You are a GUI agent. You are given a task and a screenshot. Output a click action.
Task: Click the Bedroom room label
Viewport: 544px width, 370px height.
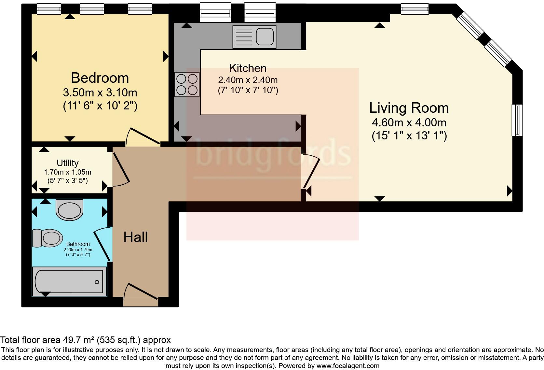pyautogui.click(x=100, y=78)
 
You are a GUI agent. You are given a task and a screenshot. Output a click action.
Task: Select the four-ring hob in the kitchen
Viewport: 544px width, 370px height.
pyautogui.click(x=187, y=84)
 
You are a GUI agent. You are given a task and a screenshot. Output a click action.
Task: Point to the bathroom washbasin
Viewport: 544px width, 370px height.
pyautogui.click(x=70, y=209)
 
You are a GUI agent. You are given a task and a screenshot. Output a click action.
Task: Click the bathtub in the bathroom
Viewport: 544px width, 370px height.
pyautogui.click(x=69, y=282)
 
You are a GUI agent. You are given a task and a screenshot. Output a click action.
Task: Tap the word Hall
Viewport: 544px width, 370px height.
pyautogui.click(x=135, y=237)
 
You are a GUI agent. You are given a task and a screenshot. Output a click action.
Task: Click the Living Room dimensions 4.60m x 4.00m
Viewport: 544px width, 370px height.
pyautogui.click(x=409, y=123)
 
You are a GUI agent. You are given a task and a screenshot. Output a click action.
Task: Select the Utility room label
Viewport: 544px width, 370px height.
pyautogui.click(x=67, y=163)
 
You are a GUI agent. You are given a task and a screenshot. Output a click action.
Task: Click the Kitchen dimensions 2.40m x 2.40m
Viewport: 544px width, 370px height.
pyautogui.click(x=248, y=80)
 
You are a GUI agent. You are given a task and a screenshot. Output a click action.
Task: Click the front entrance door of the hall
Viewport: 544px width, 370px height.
pyautogui.click(x=141, y=292)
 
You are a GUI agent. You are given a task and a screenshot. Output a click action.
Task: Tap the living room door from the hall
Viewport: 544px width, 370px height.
pyautogui.click(x=311, y=171)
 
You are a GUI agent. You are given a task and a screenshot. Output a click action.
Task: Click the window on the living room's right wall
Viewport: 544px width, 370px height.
pyautogui.click(x=517, y=120)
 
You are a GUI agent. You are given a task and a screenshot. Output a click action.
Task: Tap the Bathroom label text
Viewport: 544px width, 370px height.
pyautogui.click(x=78, y=244)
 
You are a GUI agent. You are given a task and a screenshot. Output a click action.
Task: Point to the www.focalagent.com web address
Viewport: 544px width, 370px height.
pyautogui.click(x=348, y=366)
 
